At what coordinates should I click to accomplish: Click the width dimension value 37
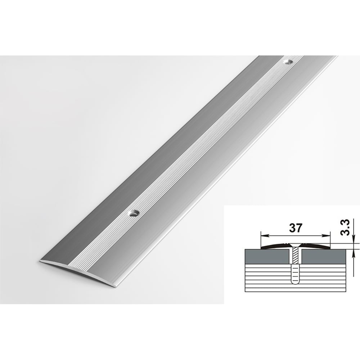[x=296, y=228]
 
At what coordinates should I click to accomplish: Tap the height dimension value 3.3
[x=345, y=228]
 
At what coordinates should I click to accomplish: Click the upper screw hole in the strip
[x=287, y=62]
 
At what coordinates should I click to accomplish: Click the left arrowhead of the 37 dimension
[x=265, y=235]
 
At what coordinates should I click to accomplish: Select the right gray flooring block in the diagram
[x=324, y=256]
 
